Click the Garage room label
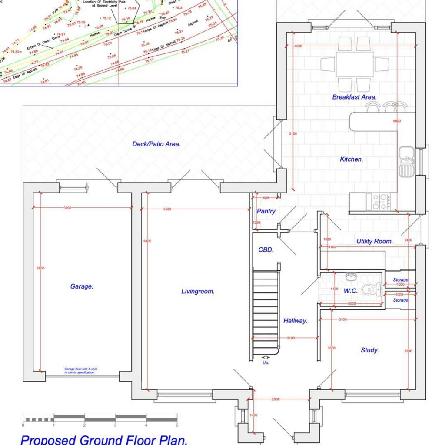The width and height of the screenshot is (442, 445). (82, 286)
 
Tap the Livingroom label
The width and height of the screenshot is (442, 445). (198, 291)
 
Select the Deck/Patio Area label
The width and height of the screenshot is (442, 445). (156, 144)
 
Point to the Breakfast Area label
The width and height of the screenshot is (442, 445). (354, 97)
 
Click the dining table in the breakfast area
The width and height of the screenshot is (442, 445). (354, 64)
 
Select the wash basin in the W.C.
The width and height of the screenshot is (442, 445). (352, 276)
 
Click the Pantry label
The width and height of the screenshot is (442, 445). (266, 211)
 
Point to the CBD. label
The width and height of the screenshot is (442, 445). (266, 250)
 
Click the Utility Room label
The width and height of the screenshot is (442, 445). (374, 241)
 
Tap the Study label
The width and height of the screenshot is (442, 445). (369, 350)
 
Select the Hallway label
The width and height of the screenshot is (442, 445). (296, 321)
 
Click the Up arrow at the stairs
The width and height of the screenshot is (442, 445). (265, 359)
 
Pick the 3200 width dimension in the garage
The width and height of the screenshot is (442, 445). (67, 208)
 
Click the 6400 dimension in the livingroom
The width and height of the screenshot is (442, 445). (148, 241)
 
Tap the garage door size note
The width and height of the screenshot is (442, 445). (80, 370)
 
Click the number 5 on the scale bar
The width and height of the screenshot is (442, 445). (177, 425)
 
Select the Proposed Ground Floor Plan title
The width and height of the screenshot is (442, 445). (104, 439)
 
